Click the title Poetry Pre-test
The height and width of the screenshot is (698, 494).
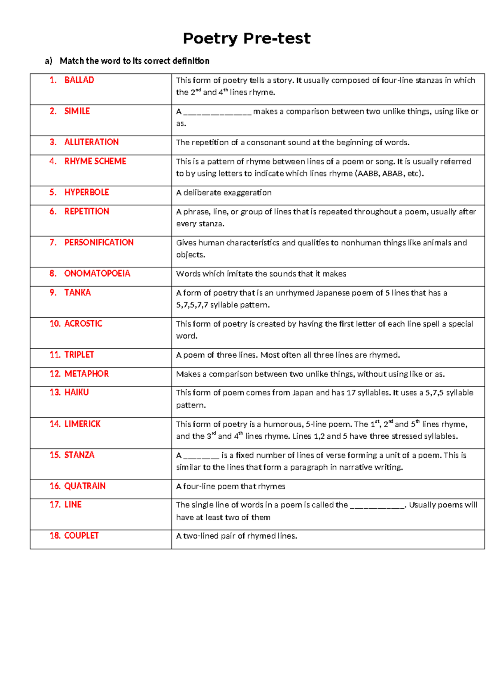click(x=246, y=38)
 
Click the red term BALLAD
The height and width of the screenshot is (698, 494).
click(x=79, y=80)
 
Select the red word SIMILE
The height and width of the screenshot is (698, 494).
click(x=77, y=111)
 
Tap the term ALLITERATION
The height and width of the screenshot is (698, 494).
click(x=91, y=142)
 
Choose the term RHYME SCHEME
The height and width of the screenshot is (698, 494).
click(x=95, y=161)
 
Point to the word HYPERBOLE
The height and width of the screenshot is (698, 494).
click(x=86, y=192)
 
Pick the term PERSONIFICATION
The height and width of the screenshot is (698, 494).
click(x=99, y=242)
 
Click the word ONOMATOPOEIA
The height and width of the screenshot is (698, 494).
click(x=97, y=274)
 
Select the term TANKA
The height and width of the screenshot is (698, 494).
click(x=77, y=293)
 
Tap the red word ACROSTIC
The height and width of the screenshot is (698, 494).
click(x=83, y=323)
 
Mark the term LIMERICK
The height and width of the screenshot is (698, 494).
click(x=82, y=424)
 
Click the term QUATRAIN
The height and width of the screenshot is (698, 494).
click(x=85, y=486)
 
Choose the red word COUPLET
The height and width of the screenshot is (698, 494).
click(x=82, y=535)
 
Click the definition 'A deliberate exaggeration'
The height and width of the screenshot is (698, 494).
click(x=224, y=193)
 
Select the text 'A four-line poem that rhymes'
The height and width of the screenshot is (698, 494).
click(x=231, y=486)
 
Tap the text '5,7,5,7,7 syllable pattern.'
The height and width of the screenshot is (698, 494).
click(x=223, y=305)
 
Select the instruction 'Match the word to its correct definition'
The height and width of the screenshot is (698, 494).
click(x=134, y=61)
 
